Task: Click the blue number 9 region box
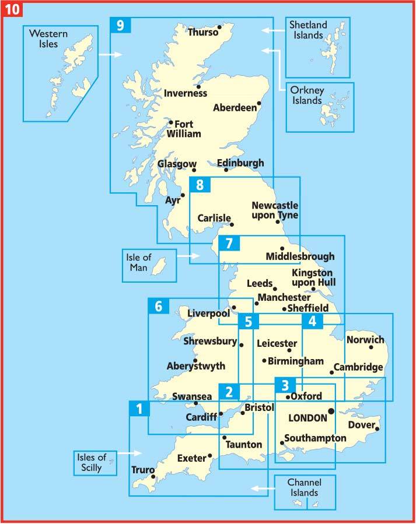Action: (120, 26)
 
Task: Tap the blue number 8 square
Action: (200, 186)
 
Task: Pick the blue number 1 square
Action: (138, 409)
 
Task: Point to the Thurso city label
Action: (202, 33)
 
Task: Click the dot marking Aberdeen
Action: (259, 104)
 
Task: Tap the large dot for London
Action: (331, 411)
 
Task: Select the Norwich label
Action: (365, 340)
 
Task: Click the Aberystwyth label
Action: (195, 367)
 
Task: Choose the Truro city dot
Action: (153, 477)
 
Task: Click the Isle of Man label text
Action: (139, 261)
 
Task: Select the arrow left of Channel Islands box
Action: (260, 487)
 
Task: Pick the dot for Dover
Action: (377, 430)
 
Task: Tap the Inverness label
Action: (186, 93)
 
